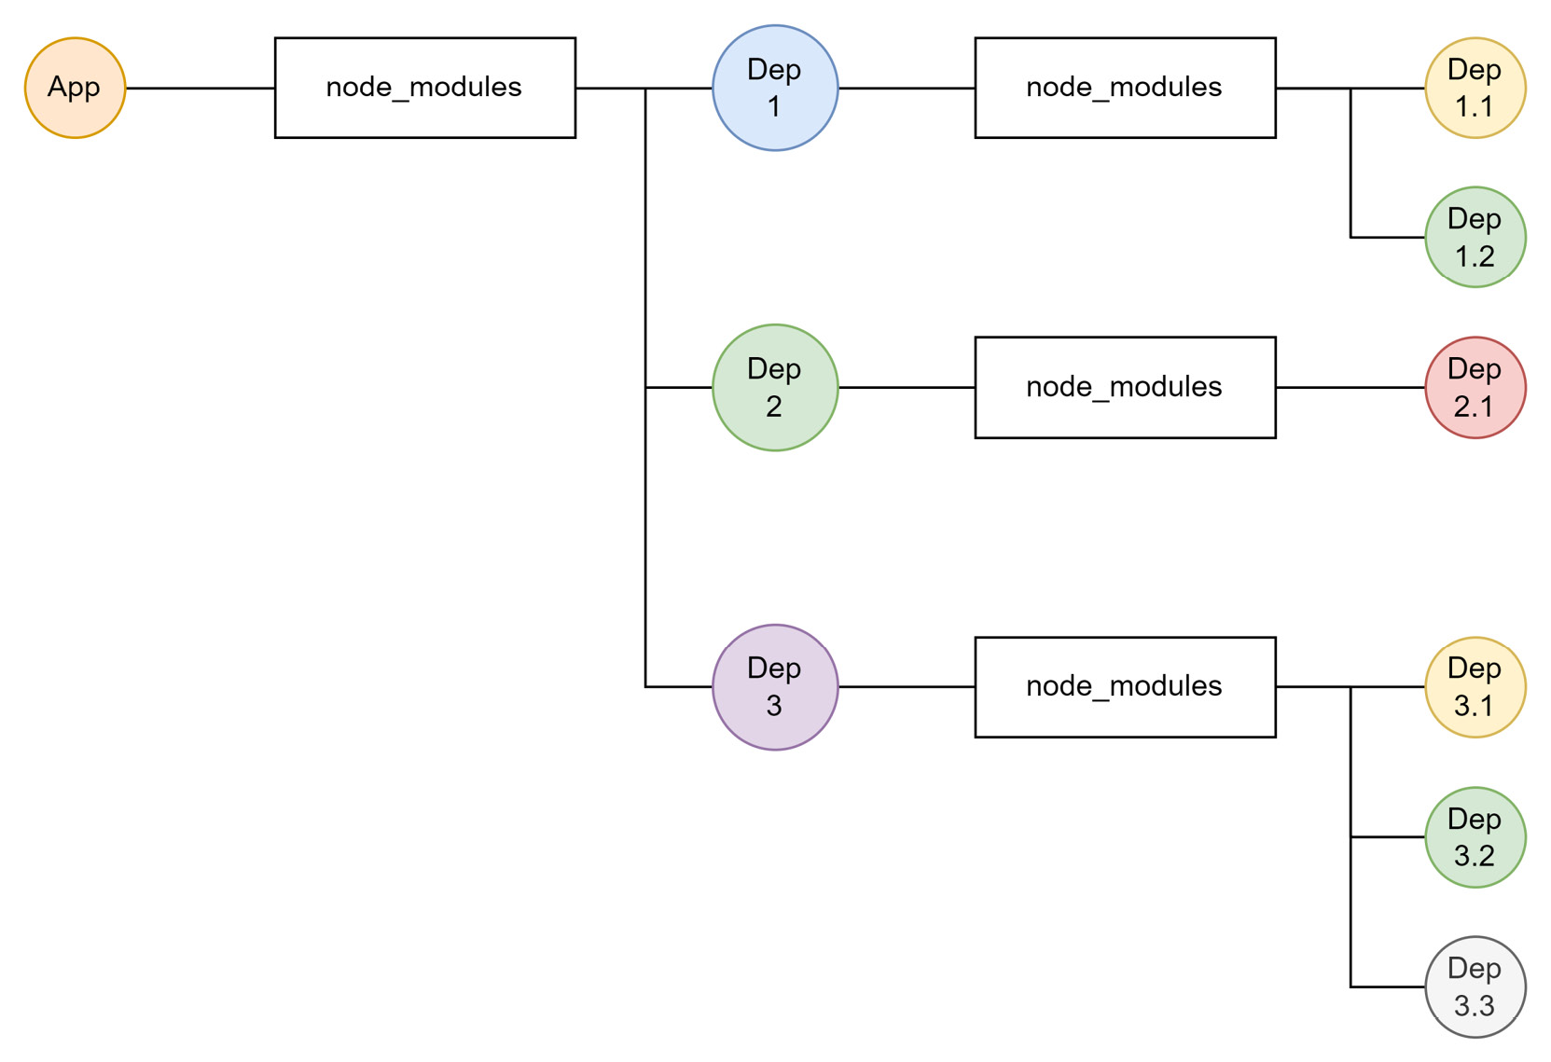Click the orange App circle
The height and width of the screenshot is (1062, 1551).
75,88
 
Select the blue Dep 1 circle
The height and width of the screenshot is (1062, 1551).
775,88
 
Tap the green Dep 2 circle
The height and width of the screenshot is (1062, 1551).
775,388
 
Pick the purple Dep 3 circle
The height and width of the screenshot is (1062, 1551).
775,687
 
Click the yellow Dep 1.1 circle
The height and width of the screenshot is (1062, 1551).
1475,88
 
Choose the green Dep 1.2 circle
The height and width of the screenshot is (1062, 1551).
1475,237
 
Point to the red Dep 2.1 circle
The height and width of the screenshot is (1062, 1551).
1475,388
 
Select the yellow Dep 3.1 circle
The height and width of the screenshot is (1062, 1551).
1475,687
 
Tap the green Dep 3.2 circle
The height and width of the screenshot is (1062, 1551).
1475,837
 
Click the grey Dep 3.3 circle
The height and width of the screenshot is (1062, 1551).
1475,986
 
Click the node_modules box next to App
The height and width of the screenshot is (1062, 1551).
425,88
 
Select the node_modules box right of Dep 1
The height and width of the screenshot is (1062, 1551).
1125,88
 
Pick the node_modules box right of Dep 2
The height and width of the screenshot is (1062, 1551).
1125,388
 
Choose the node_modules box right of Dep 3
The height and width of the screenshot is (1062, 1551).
1125,687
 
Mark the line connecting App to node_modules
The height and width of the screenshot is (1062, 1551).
200,88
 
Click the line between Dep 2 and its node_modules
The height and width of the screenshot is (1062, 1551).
907,388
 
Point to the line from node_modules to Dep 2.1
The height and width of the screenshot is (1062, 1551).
1350,388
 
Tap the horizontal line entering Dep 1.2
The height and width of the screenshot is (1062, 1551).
1388,237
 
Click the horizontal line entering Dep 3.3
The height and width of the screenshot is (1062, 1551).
1388,986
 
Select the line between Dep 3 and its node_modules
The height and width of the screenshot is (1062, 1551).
907,687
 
